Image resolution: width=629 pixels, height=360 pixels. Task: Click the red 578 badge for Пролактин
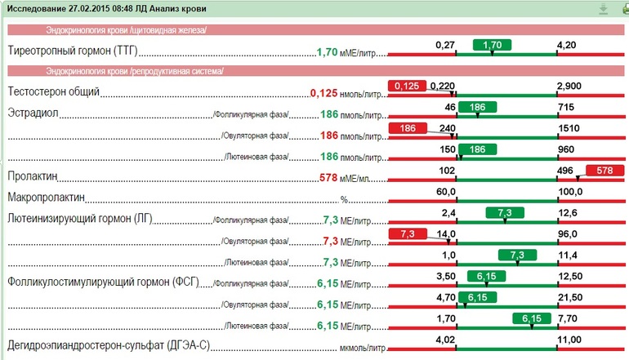(604, 171)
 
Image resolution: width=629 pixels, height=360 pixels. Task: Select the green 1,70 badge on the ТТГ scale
(492, 44)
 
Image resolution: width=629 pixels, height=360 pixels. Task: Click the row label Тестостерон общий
(53, 92)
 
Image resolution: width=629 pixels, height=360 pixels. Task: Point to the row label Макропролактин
(47, 198)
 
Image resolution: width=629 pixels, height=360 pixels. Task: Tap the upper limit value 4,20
(566, 44)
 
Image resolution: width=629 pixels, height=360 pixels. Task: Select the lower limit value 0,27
(444, 44)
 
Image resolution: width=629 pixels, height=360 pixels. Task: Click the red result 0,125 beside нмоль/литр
(323, 93)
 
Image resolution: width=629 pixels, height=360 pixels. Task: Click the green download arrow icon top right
(603, 9)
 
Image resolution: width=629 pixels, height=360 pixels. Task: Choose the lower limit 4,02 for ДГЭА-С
(445, 340)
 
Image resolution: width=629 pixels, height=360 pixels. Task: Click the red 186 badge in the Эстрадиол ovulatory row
(409, 128)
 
